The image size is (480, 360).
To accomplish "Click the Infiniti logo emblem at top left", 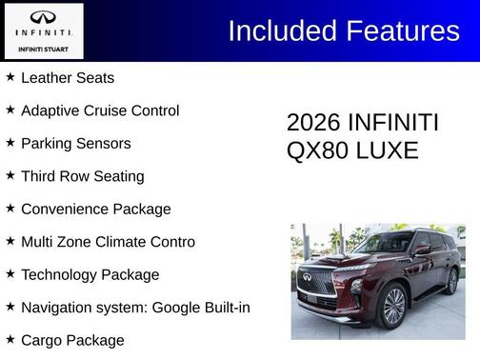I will pos(43,18).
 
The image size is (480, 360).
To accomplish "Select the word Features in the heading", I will pos(402,30).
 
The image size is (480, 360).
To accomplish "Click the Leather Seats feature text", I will pos(67,78).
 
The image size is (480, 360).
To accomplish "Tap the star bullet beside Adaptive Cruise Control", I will pos(10,110).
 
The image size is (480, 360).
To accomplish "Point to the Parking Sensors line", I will pos(75,144).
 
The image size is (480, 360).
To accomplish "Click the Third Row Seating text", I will pos(82,176).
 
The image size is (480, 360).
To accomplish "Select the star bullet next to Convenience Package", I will pos(10,209).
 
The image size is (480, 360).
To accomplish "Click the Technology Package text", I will pos(90,274).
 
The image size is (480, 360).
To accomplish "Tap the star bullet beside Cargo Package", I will pos(10,340).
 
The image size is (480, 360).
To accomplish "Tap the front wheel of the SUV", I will pos(393,307).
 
